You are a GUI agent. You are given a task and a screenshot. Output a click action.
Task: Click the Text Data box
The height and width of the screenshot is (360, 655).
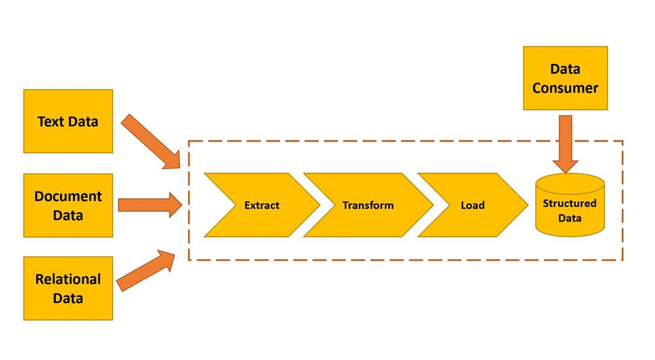coord(68,121)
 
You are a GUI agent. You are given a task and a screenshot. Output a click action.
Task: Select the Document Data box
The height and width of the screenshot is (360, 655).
coord(68,205)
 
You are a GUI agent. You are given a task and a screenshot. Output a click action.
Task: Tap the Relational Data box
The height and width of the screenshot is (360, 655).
coord(68,288)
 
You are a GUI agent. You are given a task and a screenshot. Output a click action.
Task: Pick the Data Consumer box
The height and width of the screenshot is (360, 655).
coord(565,78)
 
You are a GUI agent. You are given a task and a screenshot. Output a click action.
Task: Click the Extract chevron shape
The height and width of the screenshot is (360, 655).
coord(262,205)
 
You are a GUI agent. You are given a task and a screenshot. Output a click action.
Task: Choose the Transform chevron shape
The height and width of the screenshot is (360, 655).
coord(368,205)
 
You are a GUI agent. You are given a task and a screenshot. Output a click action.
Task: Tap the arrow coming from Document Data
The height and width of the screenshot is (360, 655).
coord(150,204)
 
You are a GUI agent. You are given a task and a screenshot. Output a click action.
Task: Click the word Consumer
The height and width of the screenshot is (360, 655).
coord(565,88)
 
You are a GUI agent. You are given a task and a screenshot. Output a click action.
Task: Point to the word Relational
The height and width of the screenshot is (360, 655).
coord(68,279)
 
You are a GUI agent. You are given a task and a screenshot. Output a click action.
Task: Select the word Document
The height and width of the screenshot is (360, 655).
coord(68,196)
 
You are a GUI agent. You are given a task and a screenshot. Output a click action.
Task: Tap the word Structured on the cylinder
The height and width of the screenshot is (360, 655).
coord(569,203)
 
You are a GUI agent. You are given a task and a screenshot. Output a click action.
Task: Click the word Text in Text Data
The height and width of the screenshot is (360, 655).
coord(49,121)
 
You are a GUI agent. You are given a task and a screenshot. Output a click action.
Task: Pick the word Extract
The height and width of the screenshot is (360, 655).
coord(262,205)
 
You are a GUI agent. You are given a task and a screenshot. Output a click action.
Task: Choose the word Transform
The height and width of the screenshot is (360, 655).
coord(368,205)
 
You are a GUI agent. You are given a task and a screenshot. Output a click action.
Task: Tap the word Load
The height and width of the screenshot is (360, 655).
coord(473,205)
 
